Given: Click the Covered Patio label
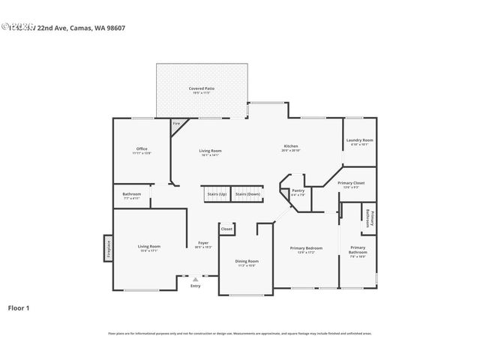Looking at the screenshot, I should (x=202, y=90).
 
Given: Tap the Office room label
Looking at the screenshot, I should (x=142, y=150).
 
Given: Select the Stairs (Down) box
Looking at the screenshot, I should (x=247, y=194).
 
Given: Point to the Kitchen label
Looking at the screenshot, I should (x=291, y=148).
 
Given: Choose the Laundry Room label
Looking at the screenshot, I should (x=359, y=142).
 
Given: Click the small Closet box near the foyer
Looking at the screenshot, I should (x=226, y=229).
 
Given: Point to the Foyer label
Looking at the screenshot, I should (x=202, y=244).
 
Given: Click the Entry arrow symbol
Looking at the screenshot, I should (x=195, y=278).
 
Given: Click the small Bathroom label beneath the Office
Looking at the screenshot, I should (x=131, y=196).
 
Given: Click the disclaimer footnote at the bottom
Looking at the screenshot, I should (x=239, y=333).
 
